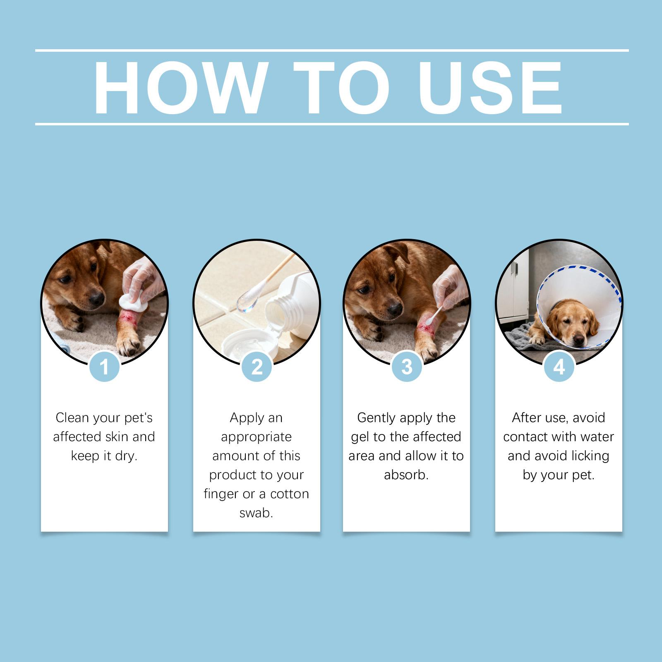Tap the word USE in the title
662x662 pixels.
(x=490, y=88)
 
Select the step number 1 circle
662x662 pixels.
(x=104, y=367)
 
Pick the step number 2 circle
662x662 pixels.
(x=257, y=367)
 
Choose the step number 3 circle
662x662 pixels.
(x=407, y=367)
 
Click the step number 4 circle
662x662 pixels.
(x=559, y=367)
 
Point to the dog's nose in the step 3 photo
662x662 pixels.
(x=395, y=308)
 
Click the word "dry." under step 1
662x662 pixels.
(x=126, y=456)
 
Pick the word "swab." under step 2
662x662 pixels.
(x=257, y=513)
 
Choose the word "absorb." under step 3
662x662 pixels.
(x=406, y=475)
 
